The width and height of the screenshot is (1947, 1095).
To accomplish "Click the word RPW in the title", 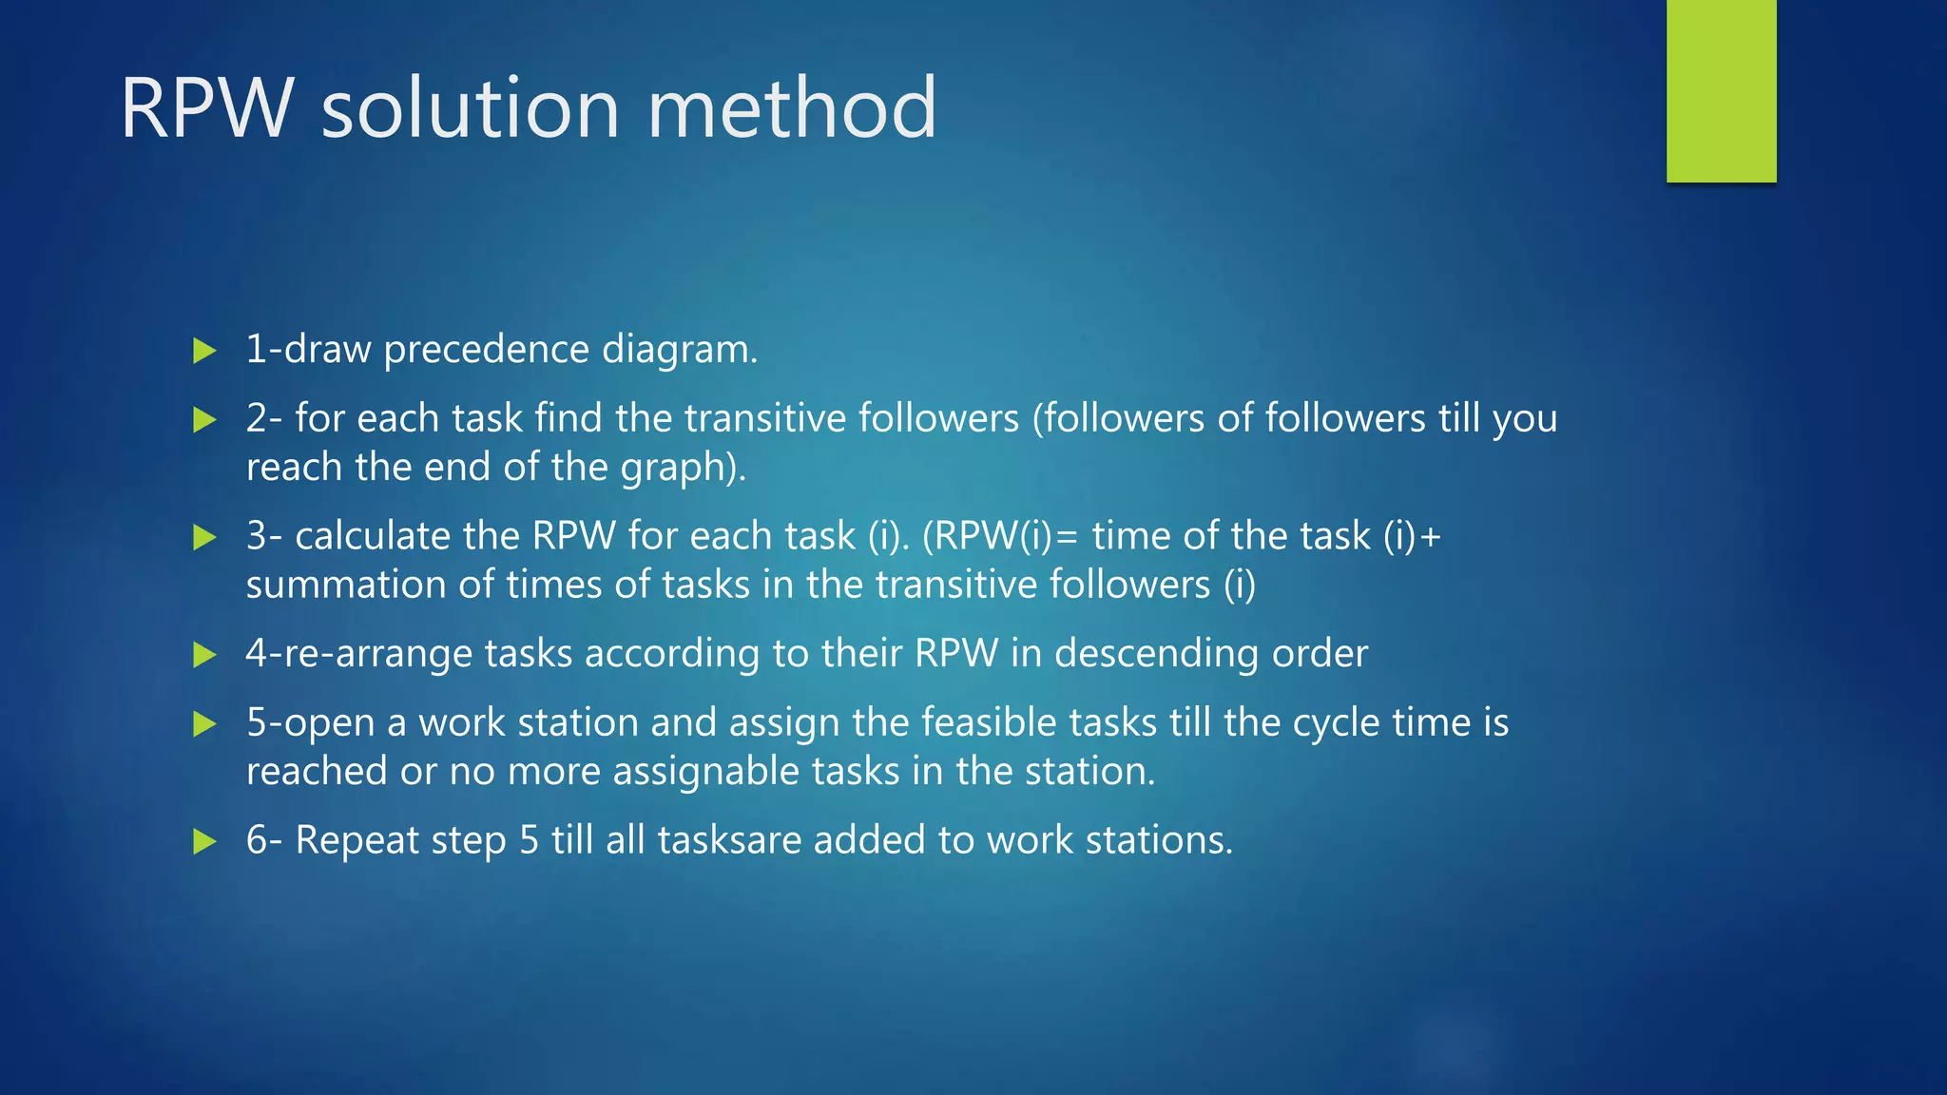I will [x=207, y=108].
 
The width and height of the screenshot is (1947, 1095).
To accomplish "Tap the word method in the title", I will [x=792, y=108].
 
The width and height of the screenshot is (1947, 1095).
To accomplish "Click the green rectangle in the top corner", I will [x=1721, y=91].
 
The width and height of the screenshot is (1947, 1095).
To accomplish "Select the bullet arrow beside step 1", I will [x=204, y=351].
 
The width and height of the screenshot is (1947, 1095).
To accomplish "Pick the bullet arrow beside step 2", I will [x=204, y=419].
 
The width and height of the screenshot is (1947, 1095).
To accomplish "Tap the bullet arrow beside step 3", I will [x=204, y=537].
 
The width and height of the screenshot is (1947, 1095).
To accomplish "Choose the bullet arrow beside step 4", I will [x=204, y=655].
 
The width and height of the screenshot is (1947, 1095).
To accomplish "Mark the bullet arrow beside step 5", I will [x=204, y=724].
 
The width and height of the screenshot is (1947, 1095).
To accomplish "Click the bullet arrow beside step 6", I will [x=204, y=841].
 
